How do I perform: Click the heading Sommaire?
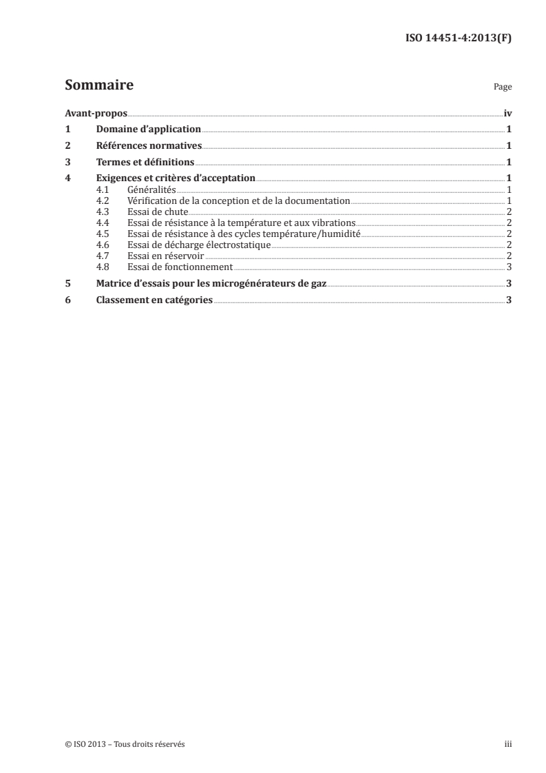tap(99, 86)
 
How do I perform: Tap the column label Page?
tap(503, 87)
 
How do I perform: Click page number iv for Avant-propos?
tap(507, 112)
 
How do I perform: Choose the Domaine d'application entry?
tap(148, 129)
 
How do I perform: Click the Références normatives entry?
tap(149, 145)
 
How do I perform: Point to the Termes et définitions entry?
tap(145, 162)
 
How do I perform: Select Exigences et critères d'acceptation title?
tap(176, 178)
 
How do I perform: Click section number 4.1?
tap(103, 189)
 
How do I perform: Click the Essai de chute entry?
tap(157, 212)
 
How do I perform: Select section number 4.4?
tap(103, 223)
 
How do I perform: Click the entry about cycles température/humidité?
tap(244, 234)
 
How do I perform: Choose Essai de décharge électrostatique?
tap(199, 245)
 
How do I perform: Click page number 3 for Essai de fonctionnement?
tap(508, 267)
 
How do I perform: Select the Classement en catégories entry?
tap(154, 300)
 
